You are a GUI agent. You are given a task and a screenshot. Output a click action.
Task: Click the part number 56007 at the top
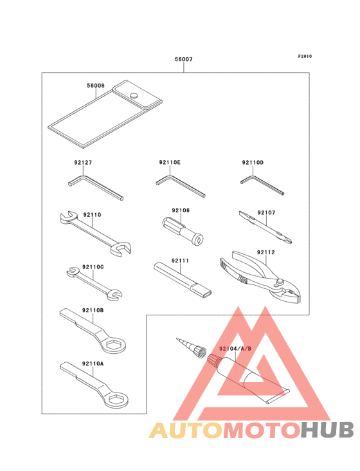pos(183,59)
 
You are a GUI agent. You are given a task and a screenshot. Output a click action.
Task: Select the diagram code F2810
pos(304,57)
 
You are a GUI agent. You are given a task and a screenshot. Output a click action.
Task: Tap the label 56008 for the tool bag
pos(96,84)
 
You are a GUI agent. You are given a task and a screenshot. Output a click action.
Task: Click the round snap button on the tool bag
pos(134,95)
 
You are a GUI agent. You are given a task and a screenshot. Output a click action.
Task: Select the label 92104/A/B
pos(235,348)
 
